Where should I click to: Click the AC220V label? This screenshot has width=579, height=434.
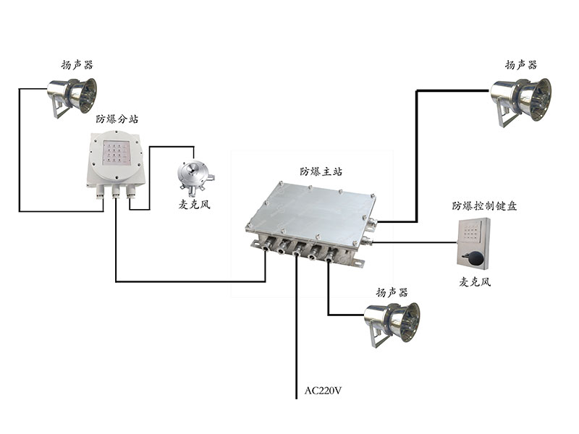(x=323, y=391)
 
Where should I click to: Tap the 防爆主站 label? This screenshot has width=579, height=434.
(x=321, y=172)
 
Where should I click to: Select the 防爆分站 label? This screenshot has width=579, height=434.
(x=117, y=119)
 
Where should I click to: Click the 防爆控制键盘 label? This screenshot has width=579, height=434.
(x=484, y=205)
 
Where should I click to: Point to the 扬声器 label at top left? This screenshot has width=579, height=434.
(x=77, y=64)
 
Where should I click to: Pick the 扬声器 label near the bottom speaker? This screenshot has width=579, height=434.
(x=392, y=292)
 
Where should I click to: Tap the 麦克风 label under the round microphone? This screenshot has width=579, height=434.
(x=195, y=205)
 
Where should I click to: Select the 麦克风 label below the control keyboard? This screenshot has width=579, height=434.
(x=475, y=282)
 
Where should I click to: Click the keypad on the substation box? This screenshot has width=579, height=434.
(x=116, y=151)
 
